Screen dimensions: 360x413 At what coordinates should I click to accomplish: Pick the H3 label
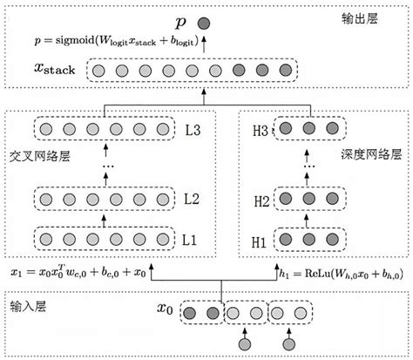pos(260,129)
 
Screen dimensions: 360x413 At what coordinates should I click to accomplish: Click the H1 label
pos(260,238)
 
